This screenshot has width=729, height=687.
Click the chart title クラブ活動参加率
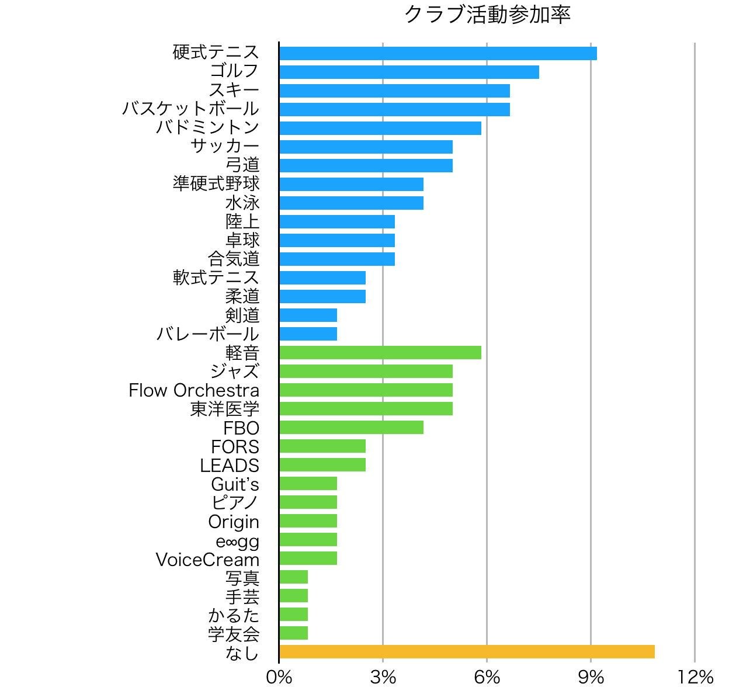[487, 15]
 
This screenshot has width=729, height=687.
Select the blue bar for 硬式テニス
[438, 53]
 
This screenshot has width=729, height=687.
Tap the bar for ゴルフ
[409, 72]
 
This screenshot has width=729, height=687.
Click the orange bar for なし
[467, 651]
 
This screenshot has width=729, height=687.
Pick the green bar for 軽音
[380, 352]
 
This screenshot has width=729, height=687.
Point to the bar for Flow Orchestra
[366, 390]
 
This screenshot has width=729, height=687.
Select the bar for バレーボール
[308, 334]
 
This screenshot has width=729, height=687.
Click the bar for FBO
[351, 427]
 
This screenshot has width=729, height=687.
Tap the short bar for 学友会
[294, 633]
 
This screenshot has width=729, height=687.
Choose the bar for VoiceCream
[308, 558]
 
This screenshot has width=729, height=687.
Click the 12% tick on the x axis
[695, 676]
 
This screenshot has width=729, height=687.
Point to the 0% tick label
[279, 676]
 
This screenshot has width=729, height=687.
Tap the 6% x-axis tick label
[487, 676]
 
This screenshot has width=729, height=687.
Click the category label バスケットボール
[190, 109]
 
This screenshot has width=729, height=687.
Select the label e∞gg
[237, 541]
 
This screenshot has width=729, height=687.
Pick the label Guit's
[235, 484]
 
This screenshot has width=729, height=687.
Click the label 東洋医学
[225, 408]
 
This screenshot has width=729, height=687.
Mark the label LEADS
[230, 466]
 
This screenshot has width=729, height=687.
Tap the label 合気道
[234, 258]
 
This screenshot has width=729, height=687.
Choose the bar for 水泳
[351, 203]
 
